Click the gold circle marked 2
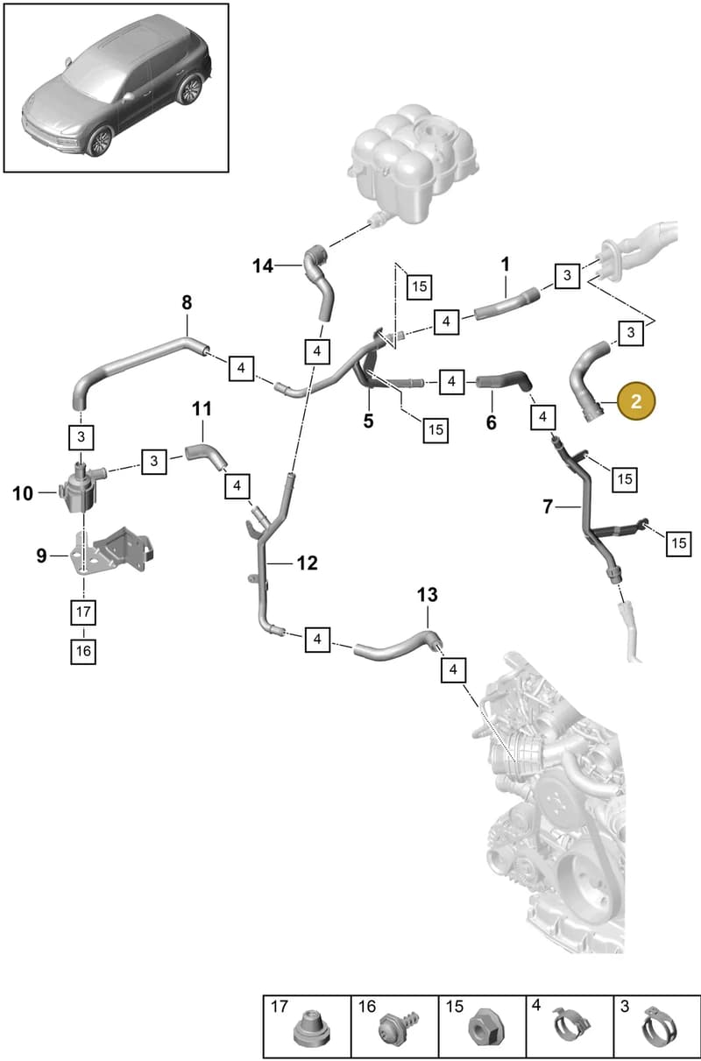pos(636,401)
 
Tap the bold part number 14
pos(263,265)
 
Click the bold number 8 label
pos(188,302)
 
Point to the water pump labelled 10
pos(78,489)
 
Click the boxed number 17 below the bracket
pos(83,612)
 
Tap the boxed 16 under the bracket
pos(83,651)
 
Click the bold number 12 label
pos(307,563)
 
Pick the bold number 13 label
pos(428,595)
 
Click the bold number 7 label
pos(548,506)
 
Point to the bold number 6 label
pos(492,421)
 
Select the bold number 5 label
pos(369,421)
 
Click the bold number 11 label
pos(202,408)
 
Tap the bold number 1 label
pos(506,265)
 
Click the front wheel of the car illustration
pos(99,141)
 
